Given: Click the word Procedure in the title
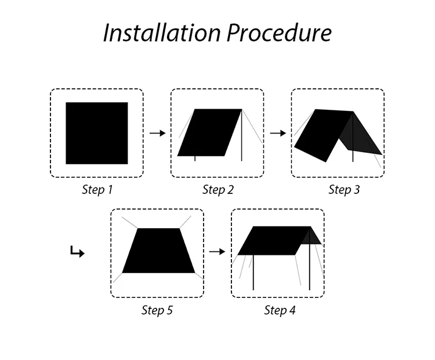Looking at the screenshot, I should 279,33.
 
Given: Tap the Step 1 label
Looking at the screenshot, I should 97,190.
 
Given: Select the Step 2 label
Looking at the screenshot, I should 217,190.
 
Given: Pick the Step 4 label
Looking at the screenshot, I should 280,310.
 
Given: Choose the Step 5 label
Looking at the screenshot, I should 157,310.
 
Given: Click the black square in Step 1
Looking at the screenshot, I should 97,133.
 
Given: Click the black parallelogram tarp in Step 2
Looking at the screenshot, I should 209,132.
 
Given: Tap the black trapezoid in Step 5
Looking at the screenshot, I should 158,251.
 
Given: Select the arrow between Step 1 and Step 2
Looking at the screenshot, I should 157,133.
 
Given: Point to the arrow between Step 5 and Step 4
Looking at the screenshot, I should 217,251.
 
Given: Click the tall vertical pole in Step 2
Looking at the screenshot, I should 241,136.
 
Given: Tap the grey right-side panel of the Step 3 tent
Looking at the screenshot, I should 363,137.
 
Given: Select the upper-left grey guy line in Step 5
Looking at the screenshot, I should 130,223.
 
